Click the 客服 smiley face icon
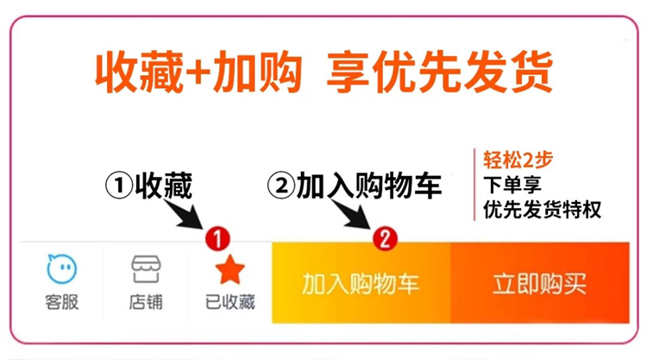tap(62, 270)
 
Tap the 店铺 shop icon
tap(146, 270)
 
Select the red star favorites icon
tap(229, 270)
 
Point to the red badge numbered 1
tap(218, 237)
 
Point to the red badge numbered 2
tap(386, 237)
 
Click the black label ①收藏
tap(148, 185)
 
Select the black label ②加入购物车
tap(355, 185)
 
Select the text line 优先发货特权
tap(542, 209)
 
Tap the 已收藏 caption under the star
tap(229, 304)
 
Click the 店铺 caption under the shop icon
tap(146, 304)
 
